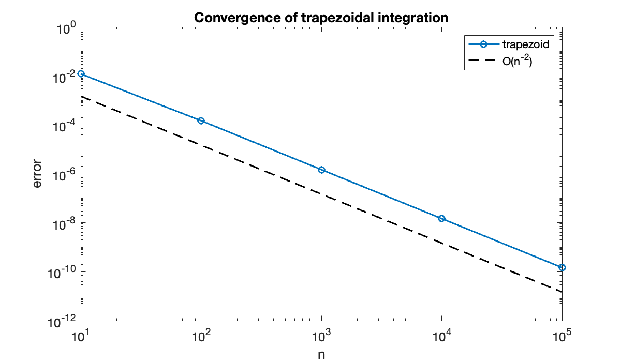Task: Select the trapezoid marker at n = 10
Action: tap(81, 74)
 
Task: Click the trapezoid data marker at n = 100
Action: tap(201, 120)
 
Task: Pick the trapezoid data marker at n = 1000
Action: tap(321, 170)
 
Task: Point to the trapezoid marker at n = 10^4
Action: tap(441, 218)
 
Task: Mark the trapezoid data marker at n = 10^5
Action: tap(562, 267)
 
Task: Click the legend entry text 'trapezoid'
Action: tap(525, 44)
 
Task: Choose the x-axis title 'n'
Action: tap(321, 354)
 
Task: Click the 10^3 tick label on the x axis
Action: tap(321, 337)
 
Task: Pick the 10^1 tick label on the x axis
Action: tap(81, 337)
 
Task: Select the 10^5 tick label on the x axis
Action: tap(562, 337)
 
